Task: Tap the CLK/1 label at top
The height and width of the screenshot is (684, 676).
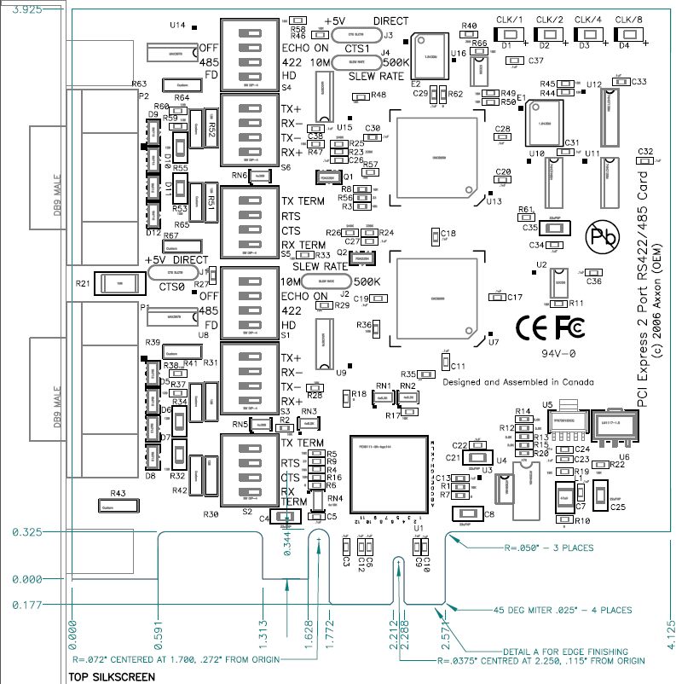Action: pos(511,20)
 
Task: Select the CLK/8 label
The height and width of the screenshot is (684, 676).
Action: pos(629,20)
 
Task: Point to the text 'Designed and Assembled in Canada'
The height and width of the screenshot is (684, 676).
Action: pos(517,382)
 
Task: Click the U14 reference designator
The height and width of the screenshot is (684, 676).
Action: pos(177,26)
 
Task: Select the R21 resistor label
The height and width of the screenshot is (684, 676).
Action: pos(83,282)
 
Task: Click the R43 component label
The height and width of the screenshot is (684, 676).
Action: pos(118,494)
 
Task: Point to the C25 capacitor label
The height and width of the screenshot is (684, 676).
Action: pos(617,507)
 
